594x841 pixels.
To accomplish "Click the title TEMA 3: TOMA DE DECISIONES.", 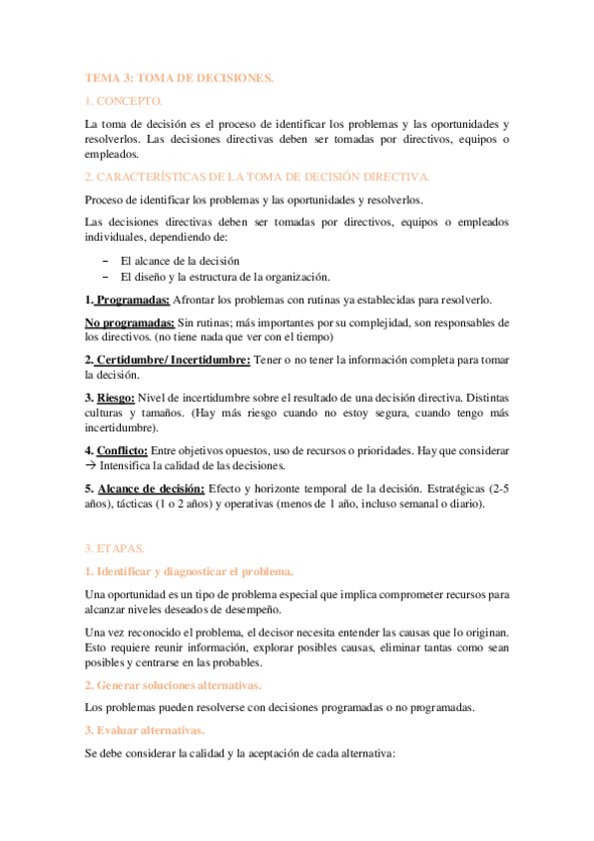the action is click(x=178, y=76).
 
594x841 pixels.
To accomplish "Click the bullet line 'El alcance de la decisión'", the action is click(x=179, y=261).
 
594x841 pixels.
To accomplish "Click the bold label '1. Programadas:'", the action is click(x=127, y=300).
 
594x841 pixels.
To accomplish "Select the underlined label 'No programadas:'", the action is click(x=129, y=323).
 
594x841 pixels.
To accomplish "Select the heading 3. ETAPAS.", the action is click(x=115, y=547).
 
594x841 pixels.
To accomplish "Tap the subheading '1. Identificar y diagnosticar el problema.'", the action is click(x=188, y=571).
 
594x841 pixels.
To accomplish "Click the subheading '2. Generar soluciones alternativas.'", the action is click(x=173, y=685).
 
